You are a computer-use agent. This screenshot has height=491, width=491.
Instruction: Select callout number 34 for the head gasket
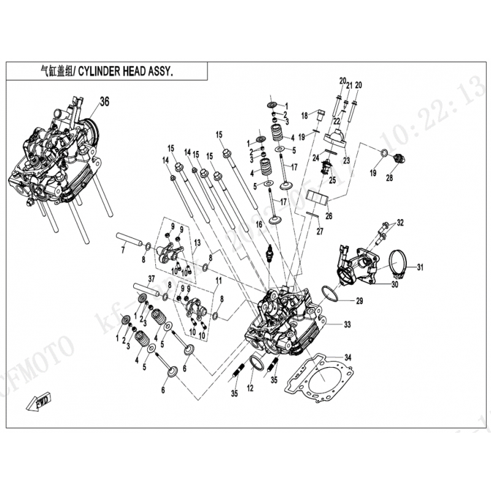[348, 357]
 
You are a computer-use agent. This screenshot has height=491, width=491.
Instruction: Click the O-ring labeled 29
[331, 295]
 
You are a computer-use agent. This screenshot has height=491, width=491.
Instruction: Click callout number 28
[389, 178]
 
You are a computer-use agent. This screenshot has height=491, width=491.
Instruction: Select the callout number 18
[304, 115]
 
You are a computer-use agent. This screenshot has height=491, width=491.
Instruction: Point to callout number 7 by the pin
[122, 250]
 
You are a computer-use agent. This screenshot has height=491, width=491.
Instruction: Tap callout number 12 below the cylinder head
[250, 388]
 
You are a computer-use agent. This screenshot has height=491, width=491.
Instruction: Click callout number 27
[319, 232]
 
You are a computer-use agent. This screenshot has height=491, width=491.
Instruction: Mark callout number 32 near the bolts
[400, 222]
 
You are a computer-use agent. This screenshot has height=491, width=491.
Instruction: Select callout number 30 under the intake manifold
[395, 284]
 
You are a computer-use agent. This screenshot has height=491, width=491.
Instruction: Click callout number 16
[258, 225]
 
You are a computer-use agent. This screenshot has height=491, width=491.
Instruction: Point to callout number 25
[332, 180]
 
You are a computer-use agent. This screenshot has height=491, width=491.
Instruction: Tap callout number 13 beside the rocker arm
[198, 244]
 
